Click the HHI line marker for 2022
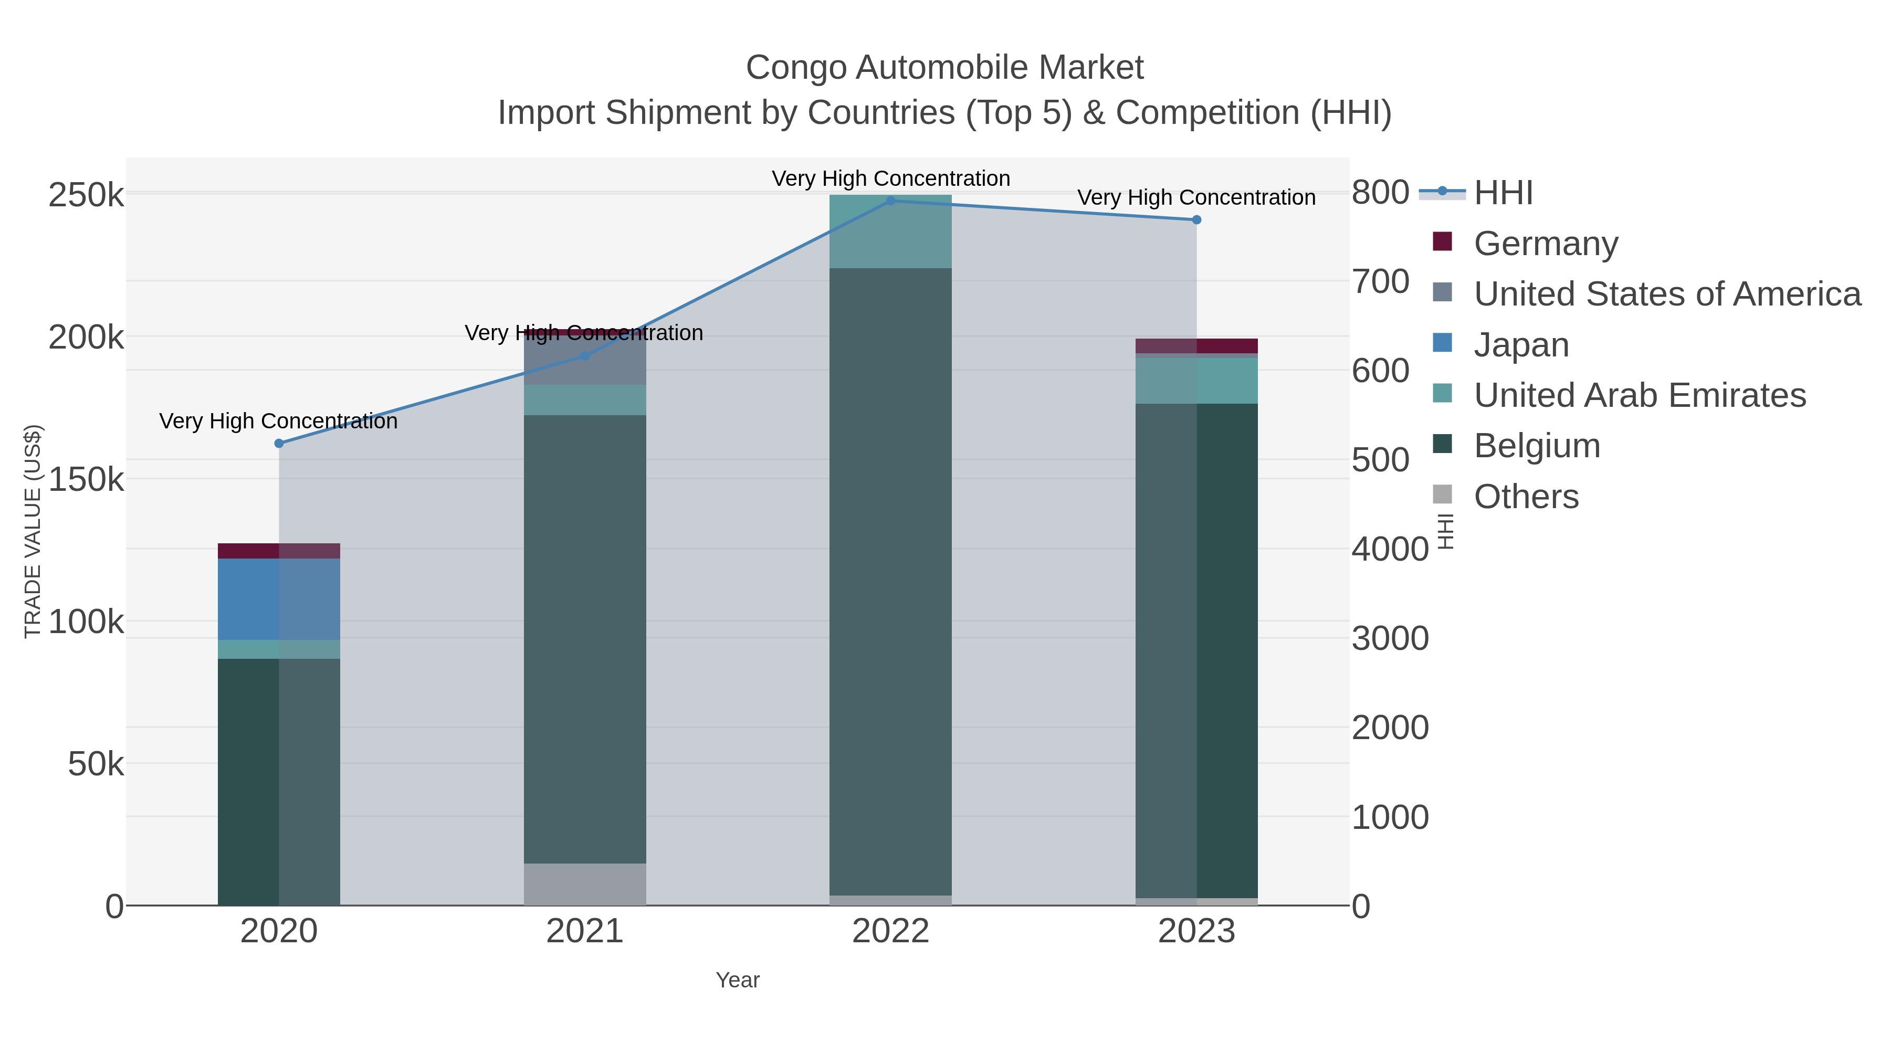click(x=891, y=201)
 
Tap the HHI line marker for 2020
click(x=279, y=443)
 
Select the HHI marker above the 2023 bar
click(x=1196, y=219)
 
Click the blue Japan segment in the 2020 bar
click(x=279, y=598)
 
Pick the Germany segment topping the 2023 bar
click(x=1196, y=345)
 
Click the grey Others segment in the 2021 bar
click(x=585, y=883)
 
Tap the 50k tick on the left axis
click(x=96, y=764)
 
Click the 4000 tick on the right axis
click(x=1390, y=549)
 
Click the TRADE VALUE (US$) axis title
click(x=33, y=531)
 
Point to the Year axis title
click(x=738, y=980)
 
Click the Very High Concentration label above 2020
click(x=279, y=421)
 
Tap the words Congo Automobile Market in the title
click(x=944, y=68)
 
